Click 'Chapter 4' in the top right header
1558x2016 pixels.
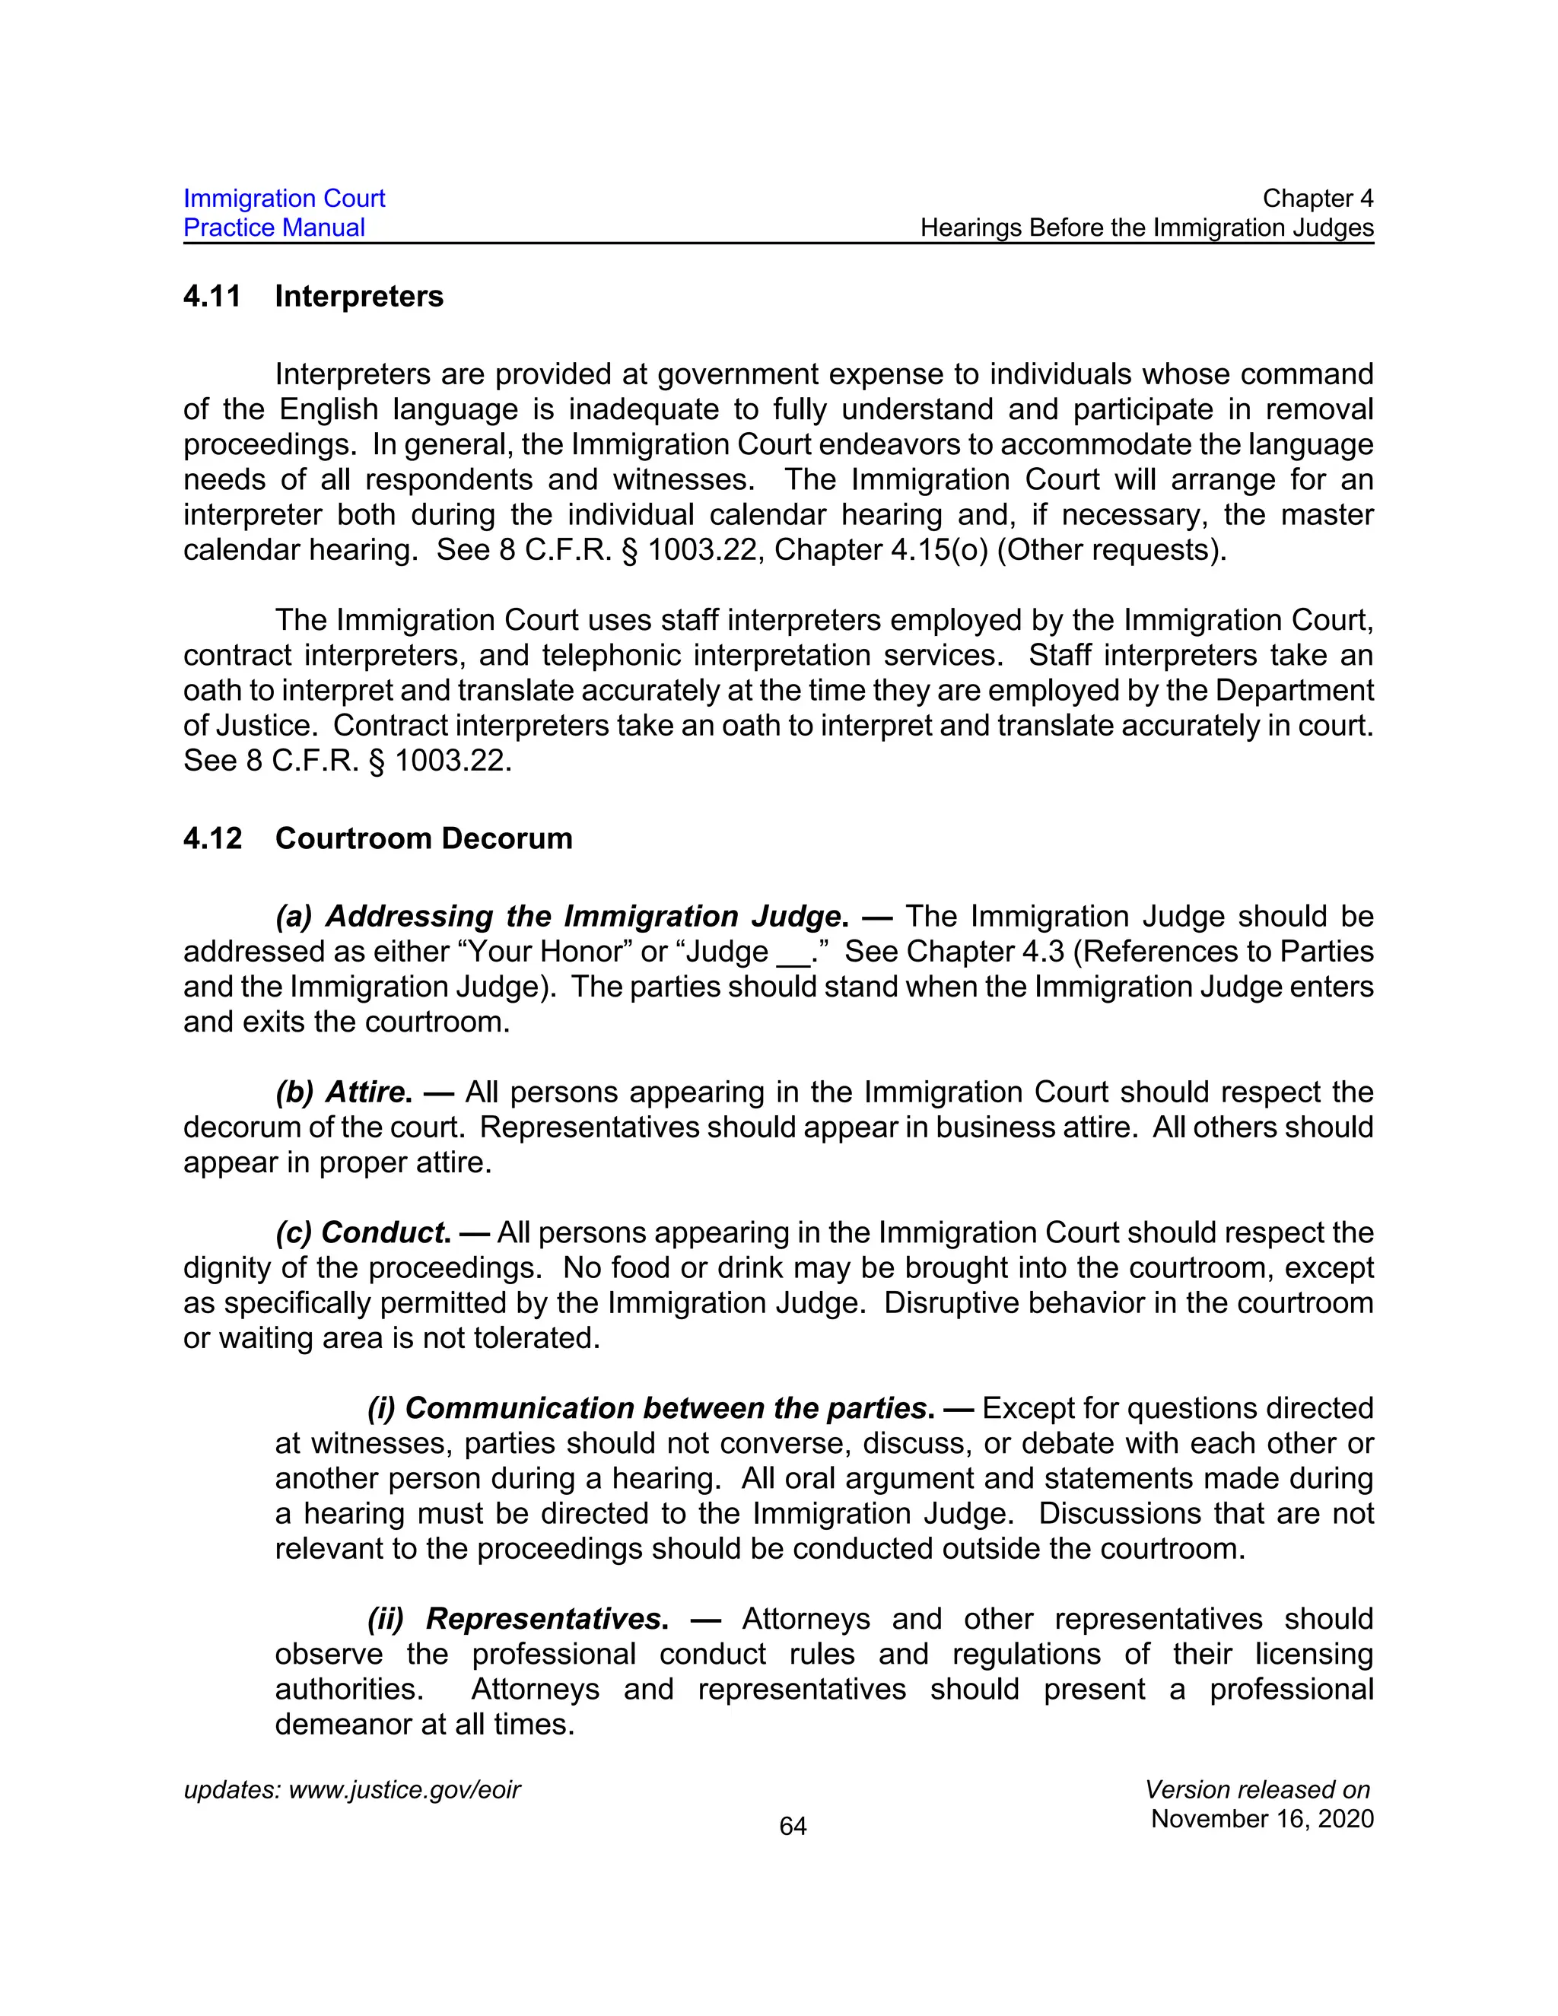click(1317, 199)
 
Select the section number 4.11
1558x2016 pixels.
click(212, 296)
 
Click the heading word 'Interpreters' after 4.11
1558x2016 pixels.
click(359, 296)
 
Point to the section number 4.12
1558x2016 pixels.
click(212, 838)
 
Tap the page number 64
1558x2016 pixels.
click(793, 1826)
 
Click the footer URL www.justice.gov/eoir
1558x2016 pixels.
click(404, 1790)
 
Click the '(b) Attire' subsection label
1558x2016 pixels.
click(342, 1092)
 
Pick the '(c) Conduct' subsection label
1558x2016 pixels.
click(363, 1232)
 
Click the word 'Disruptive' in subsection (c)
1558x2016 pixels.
click(952, 1302)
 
